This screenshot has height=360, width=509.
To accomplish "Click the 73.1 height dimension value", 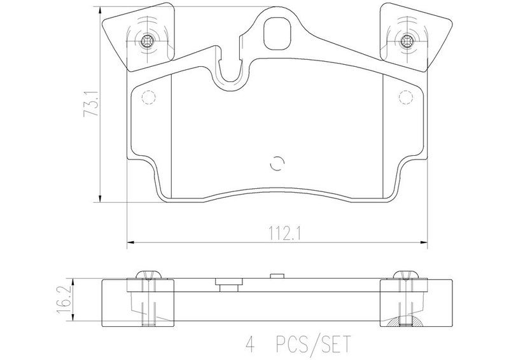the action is click(x=90, y=103).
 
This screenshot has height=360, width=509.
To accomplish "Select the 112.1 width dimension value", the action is click(x=285, y=233).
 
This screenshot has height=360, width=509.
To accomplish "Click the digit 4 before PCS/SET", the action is click(x=250, y=344).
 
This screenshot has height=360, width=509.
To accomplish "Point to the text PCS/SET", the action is click(x=313, y=344).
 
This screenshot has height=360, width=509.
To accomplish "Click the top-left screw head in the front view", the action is click(x=147, y=41).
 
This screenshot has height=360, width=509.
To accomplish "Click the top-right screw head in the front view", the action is click(x=406, y=41).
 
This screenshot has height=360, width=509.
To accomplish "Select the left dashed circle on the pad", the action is click(x=149, y=97).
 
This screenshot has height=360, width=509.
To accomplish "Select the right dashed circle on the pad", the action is click(x=405, y=97).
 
